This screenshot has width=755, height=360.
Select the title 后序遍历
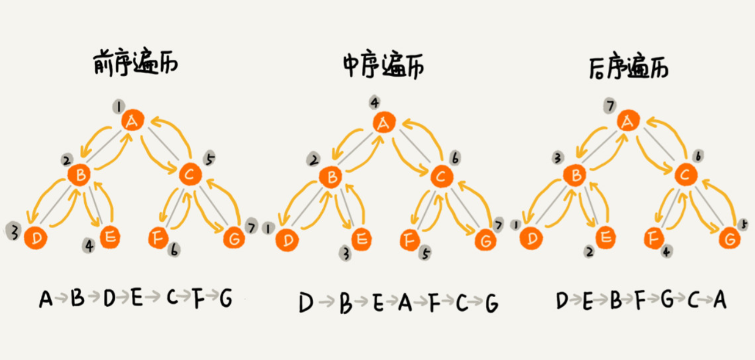pos(629,65)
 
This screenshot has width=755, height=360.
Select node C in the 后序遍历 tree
pos(686,176)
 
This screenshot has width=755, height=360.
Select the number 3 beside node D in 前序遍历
pos(12,231)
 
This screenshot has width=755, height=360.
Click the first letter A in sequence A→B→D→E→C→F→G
pos(45,299)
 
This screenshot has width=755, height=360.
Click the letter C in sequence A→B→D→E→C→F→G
pos(172,299)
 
